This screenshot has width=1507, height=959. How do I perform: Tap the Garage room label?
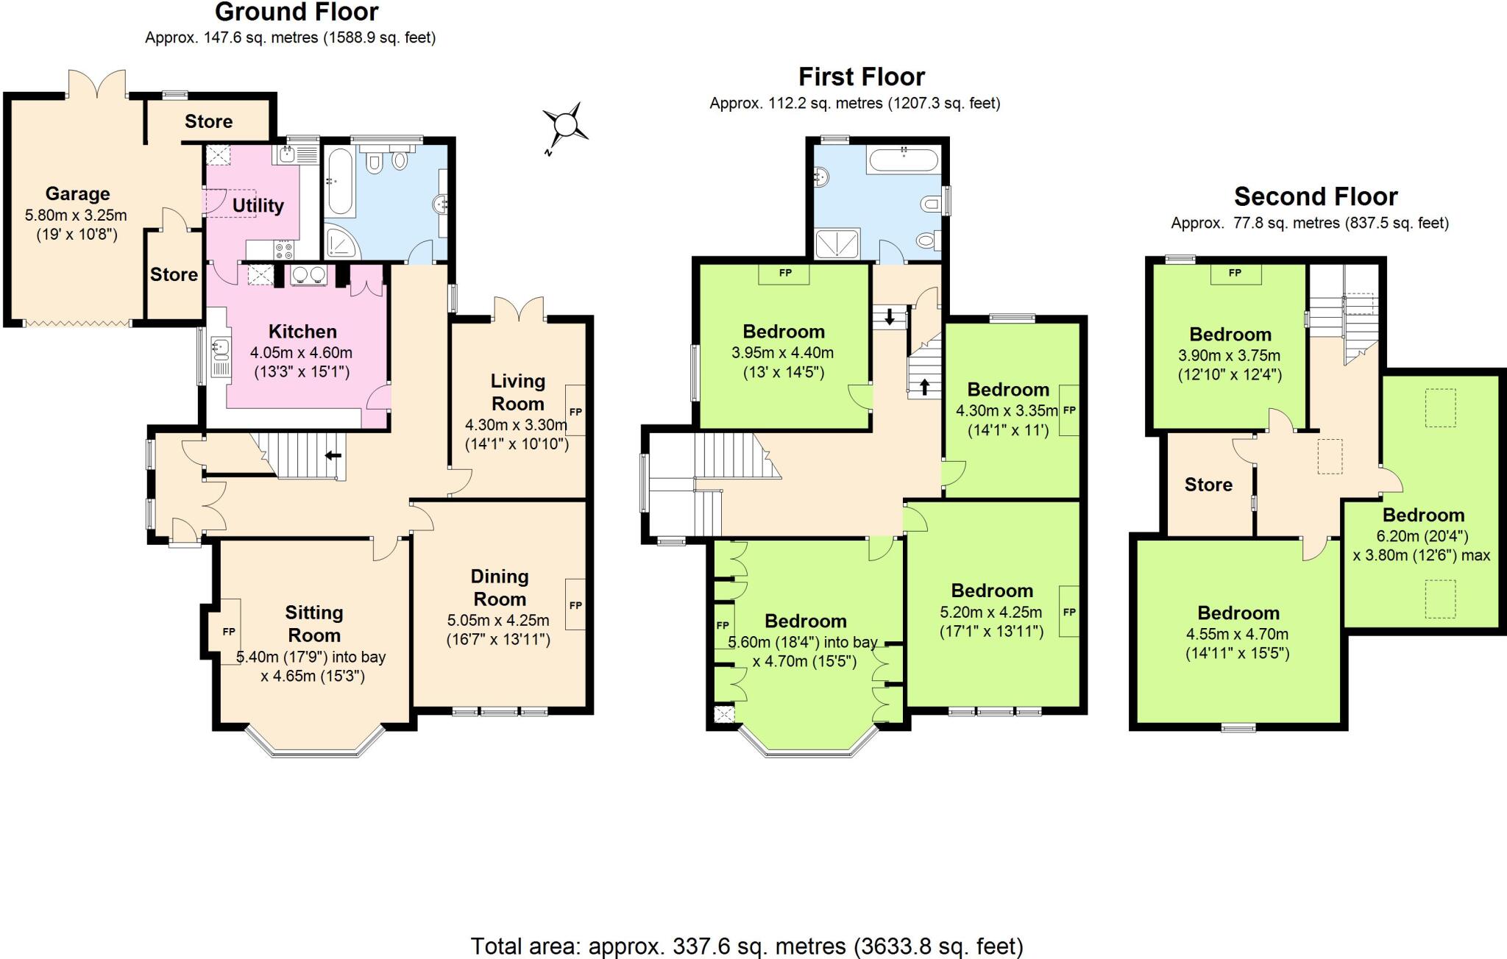(77, 193)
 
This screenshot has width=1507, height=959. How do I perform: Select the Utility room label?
(258, 205)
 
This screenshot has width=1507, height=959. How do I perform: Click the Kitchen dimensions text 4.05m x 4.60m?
(301, 352)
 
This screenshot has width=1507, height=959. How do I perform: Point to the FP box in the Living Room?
(575, 411)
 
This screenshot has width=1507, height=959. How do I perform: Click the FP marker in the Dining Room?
(575, 605)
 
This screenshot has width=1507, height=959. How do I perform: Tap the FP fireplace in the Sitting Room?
(229, 631)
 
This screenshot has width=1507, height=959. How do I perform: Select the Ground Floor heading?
(297, 12)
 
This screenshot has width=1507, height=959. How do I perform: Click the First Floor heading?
(861, 76)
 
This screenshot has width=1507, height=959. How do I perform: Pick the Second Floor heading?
(1316, 196)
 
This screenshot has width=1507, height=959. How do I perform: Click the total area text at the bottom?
(746, 945)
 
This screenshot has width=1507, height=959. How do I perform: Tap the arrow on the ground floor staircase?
(333, 455)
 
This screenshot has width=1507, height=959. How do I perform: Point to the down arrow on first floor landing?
(889, 318)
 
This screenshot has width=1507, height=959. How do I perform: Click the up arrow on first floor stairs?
(924, 386)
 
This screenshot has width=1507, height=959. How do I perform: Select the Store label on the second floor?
(1208, 484)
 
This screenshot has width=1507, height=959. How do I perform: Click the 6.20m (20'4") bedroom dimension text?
(1422, 536)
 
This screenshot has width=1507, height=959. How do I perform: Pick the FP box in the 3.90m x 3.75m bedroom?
(1235, 273)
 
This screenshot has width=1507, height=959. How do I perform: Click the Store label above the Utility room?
(208, 121)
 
